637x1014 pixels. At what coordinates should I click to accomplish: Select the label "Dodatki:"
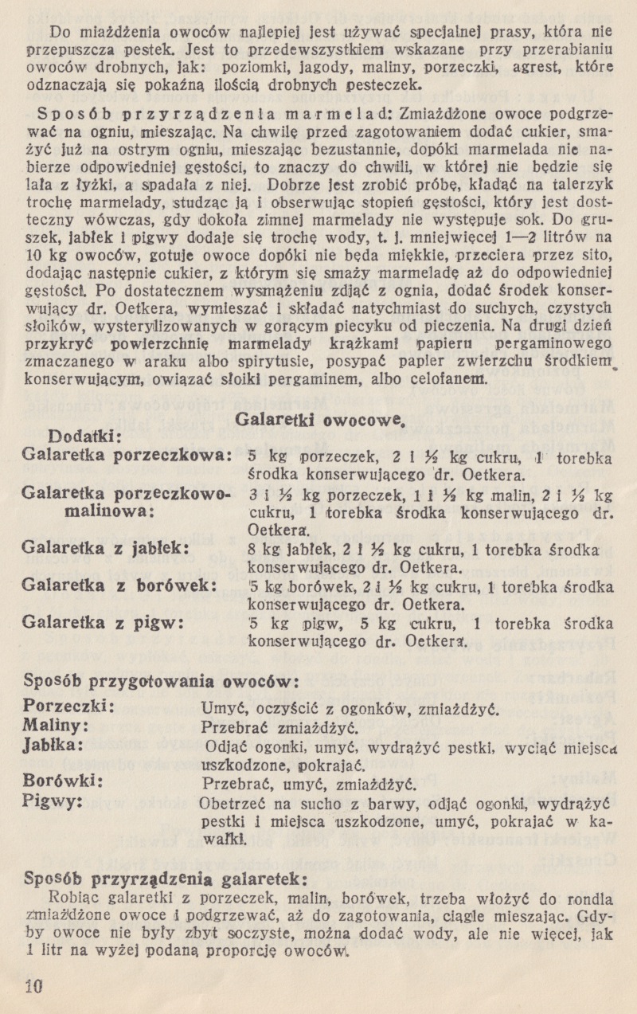[84, 437]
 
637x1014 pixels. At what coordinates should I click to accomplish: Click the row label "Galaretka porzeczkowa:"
[128, 457]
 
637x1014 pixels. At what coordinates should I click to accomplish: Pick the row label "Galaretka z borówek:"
[122, 584]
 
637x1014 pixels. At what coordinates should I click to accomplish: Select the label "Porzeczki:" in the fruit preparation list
[71, 706]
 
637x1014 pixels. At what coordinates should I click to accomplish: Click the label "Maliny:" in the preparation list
[56, 726]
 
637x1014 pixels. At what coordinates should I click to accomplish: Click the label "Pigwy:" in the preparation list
[54, 799]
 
